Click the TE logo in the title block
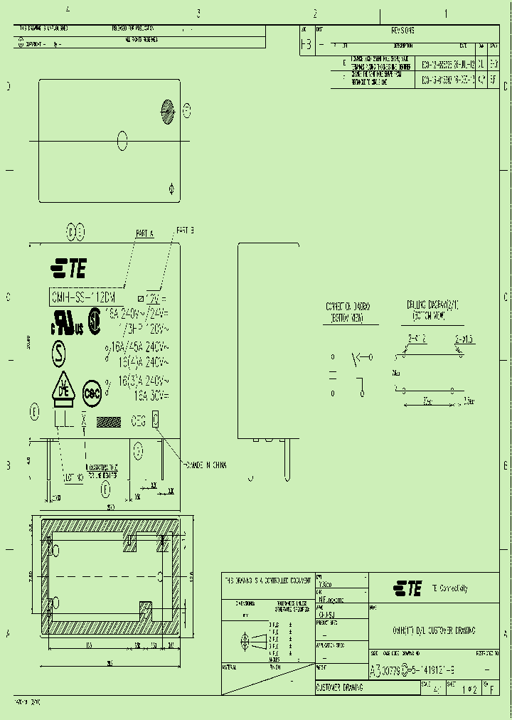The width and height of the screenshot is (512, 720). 407,588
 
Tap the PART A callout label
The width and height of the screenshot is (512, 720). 144,233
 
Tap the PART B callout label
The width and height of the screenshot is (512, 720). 185,231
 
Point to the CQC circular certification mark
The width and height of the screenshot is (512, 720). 92,392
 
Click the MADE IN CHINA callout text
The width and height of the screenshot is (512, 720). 206,465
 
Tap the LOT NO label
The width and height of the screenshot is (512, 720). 73,477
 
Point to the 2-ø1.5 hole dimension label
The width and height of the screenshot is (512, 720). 463,339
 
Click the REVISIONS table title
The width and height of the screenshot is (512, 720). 402,31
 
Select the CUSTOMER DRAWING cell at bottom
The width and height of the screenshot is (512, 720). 339,688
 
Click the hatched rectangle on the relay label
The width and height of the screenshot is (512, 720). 109,421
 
